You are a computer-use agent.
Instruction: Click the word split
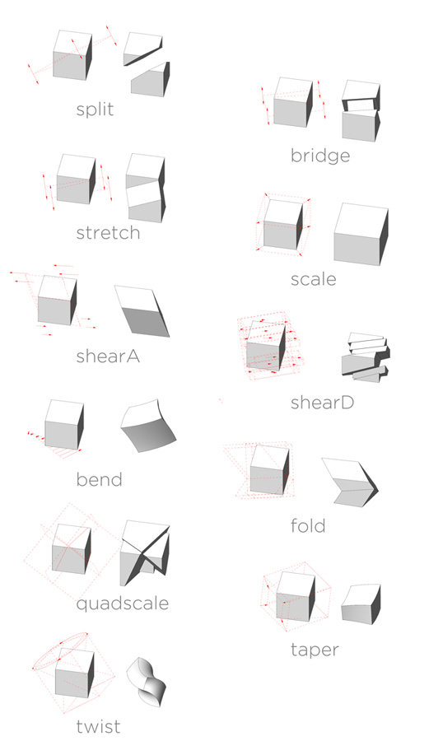(95, 110)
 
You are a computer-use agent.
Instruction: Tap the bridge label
(320, 156)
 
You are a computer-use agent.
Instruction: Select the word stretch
(108, 233)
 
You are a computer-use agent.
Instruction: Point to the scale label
(313, 279)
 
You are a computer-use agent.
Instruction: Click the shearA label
(108, 356)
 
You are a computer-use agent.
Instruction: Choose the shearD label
(322, 402)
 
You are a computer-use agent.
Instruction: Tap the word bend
(99, 479)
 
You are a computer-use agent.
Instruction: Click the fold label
(308, 525)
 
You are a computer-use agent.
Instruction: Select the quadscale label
(123, 604)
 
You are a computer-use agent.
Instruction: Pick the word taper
(315, 650)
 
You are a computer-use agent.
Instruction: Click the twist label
(98, 726)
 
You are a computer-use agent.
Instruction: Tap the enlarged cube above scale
(361, 234)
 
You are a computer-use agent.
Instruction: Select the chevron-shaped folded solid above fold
(350, 482)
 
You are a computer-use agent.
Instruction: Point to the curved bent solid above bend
(148, 426)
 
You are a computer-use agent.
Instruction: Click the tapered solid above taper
(361, 604)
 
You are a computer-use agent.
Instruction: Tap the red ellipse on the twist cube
(60, 650)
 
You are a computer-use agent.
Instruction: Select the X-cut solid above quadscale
(145, 552)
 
